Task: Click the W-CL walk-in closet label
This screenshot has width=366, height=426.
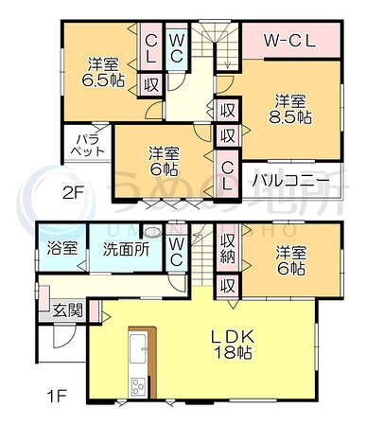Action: point(289,41)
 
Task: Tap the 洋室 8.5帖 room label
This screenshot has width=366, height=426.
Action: point(290,109)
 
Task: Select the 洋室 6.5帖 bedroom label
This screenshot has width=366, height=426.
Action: point(103,72)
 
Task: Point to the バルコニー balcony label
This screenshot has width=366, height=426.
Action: point(292,181)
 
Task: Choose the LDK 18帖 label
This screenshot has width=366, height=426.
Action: point(233,345)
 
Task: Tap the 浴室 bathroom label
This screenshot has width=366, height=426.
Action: point(62,248)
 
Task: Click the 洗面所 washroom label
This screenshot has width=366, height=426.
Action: point(127,249)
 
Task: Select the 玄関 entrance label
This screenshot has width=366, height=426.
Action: point(67,311)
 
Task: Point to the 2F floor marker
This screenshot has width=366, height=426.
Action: point(73,193)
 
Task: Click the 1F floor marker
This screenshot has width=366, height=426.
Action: point(57,395)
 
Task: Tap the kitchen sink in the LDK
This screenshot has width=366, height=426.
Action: point(138,349)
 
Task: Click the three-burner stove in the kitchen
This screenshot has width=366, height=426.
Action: point(138,386)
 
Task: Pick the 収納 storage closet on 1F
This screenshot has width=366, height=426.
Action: point(228,248)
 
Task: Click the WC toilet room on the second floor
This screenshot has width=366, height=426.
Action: point(177,48)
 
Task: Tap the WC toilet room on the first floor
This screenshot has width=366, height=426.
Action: point(177,252)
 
